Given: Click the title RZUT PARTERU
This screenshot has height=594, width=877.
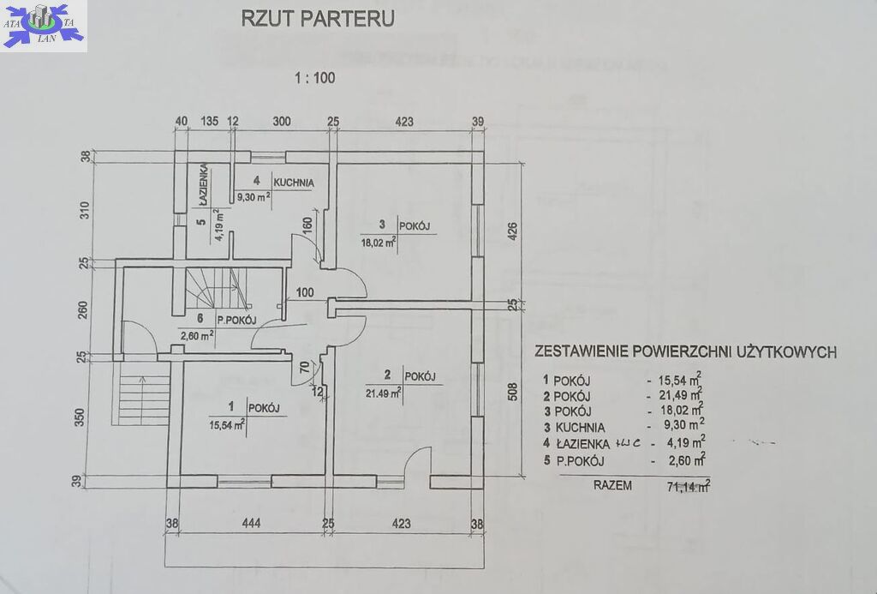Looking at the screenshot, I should click(318, 20).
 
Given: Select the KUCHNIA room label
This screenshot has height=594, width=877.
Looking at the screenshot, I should click(295, 183).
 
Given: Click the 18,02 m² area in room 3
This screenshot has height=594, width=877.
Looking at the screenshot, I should click(378, 243).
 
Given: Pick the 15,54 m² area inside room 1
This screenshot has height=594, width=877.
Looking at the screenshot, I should click(227, 423).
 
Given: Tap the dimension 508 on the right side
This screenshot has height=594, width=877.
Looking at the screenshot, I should click(513, 392).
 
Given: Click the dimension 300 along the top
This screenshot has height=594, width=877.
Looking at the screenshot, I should click(282, 121).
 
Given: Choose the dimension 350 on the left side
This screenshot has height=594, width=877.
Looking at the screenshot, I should click(81, 418).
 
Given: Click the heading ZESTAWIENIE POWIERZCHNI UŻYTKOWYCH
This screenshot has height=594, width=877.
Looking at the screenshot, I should click(685, 351).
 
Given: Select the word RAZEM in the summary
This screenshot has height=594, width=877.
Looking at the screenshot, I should click(612, 485).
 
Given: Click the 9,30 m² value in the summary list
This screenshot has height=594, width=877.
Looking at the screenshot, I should click(683, 425).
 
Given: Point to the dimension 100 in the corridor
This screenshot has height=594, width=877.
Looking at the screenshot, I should click(305, 292).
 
